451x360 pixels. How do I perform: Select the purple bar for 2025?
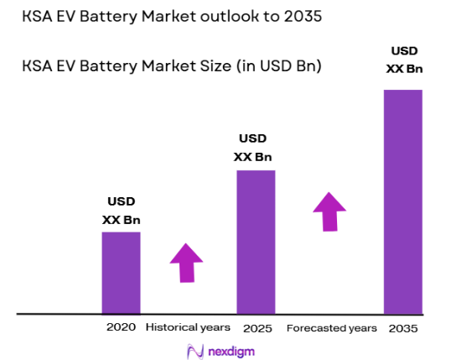(256, 242)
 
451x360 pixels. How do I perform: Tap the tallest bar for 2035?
(402, 201)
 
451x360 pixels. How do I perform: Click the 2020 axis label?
(120, 326)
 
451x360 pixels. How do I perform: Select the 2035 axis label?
(403, 327)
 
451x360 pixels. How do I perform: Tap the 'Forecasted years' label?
(331, 327)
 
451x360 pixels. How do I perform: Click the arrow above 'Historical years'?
(186, 263)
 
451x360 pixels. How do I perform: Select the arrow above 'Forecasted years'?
(329, 211)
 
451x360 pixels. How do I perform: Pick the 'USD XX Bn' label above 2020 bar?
(122, 211)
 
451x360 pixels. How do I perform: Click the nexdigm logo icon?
(195, 350)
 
